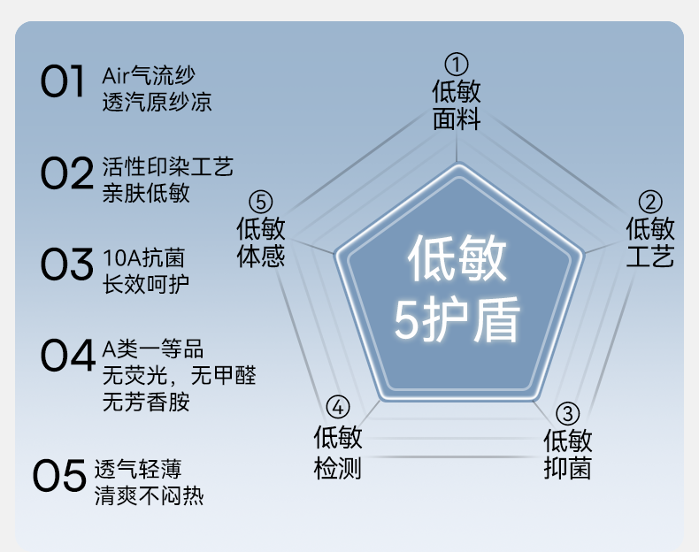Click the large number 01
click(x=63, y=81)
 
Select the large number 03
click(x=66, y=264)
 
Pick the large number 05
click(x=59, y=477)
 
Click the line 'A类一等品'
click(x=153, y=349)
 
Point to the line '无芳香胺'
click(x=146, y=402)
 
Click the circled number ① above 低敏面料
click(x=456, y=65)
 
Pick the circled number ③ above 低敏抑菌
click(x=567, y=413)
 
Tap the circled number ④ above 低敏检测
click(x=338, y=408)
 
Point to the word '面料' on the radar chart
click(x=456, y=119)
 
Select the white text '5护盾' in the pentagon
click(x=457, y=321)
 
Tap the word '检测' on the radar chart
click(x=338, y=466)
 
